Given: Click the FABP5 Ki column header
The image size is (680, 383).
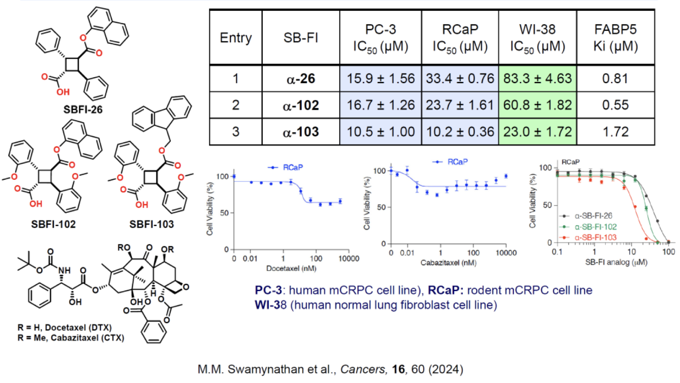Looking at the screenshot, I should (615, 38).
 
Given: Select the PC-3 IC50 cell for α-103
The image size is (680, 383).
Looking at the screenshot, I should (380, 132).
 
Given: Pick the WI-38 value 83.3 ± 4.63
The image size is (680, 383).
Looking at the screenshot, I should (537, 78).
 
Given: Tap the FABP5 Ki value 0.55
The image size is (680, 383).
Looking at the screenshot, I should (615, 105).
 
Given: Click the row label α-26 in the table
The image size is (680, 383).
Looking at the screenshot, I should (301, 79).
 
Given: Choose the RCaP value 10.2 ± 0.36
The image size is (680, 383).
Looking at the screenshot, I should (460, 132).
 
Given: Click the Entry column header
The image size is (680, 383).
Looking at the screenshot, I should (235, 38).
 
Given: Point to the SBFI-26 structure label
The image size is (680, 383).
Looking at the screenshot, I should (83, 110).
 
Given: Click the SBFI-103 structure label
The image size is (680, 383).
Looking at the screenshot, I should (151, 224).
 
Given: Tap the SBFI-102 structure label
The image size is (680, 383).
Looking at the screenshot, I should (53, 224).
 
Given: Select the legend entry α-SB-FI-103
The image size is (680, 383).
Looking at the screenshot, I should (595, 237).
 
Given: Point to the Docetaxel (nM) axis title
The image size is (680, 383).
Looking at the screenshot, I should (291, 269).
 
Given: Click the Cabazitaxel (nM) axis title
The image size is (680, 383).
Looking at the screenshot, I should (448, 263).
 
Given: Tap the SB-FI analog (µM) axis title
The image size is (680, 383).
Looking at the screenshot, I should (616, 262).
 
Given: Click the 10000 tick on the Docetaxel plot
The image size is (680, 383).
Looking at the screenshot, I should (349, 259).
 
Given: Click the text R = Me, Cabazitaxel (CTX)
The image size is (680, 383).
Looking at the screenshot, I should (71, 338).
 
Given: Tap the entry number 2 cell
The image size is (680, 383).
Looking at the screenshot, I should (235, 105).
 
